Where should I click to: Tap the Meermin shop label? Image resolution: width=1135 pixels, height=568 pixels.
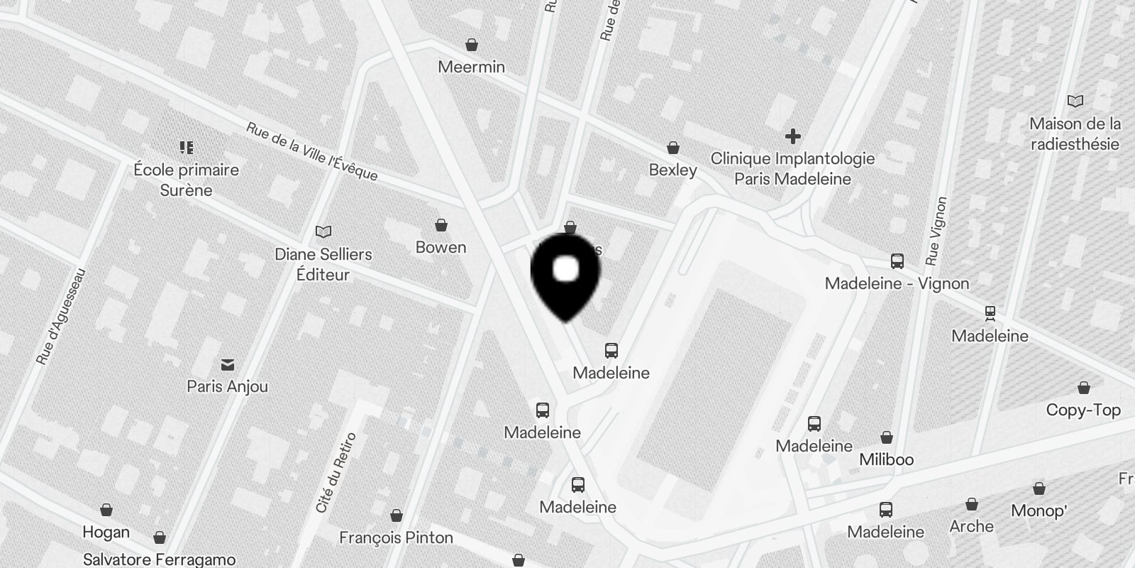coord(471,67)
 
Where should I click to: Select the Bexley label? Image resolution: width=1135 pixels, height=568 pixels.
coord(672,170)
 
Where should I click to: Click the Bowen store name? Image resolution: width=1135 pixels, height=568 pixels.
coord(441,248)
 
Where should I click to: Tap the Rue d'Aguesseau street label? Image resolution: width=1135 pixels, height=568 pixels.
coord(61,316)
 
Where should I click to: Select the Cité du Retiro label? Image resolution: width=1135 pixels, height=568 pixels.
coord(336,473)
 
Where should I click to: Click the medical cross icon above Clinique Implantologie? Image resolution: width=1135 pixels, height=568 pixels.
coord(792,136)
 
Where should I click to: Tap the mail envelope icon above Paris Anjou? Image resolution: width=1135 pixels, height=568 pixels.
coord(228,365)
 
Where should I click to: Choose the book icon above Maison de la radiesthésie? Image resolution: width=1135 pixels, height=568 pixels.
coord(1075,102)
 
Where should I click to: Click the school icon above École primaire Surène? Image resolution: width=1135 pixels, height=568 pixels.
coord(187,148)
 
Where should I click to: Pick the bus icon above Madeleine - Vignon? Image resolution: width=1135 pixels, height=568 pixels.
coord(897,261)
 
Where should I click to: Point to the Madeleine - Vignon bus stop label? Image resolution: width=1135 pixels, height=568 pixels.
coord(897,284)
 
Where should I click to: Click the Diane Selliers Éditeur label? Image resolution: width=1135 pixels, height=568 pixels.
coord(323,264)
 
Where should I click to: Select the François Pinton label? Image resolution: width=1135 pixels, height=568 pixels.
coord(396,538)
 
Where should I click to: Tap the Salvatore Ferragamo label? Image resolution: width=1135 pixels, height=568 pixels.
coord(159,559)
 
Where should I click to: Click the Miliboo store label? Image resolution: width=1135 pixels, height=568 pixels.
coord(886,459)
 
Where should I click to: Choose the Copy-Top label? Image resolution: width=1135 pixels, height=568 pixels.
coord(1083,410)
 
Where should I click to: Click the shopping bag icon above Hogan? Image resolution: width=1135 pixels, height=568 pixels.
coord(106,510)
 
